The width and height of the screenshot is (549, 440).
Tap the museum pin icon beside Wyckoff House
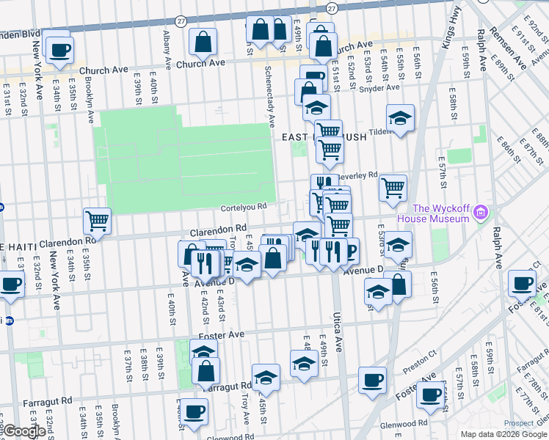(x=481, y=213)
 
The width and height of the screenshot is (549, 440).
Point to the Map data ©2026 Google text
(x=503, y=434)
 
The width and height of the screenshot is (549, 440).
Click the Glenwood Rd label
(x=407, y=423)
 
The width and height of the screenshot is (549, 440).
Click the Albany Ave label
(x=167, y=47)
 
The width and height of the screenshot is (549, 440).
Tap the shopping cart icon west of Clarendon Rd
(x=96, y=219)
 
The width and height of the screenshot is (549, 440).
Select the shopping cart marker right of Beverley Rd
(x=393, y=187)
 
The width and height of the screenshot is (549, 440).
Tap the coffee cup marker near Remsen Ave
(x=522, y=282)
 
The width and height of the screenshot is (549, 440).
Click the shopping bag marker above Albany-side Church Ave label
(x=203, y=42)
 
